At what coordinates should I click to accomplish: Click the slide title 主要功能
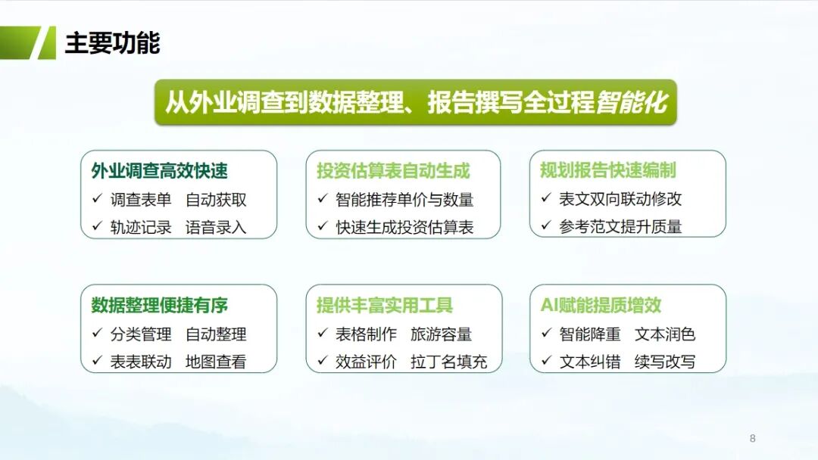tap(112, 42)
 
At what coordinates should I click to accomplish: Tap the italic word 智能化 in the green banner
tap(632, 102)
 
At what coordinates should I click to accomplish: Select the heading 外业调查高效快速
tap(160, 171)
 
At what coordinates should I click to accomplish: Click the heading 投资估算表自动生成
tap(393, 171)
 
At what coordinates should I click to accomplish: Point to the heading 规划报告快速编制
tap(608, 169)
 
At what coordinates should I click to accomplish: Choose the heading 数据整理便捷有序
tap(160, 305)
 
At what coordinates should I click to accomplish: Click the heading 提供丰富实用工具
tap(385, 305)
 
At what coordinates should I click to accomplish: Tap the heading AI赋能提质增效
tap(601, 305)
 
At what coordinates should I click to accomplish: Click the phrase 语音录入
tap(215, 228)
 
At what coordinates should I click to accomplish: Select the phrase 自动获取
tap(215, 200)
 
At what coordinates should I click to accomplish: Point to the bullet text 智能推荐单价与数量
tap(404, 200)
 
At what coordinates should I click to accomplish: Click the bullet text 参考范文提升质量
tap(620, 227)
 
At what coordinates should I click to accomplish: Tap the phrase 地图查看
tap(215, 362)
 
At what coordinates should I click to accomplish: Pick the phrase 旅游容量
tap(441, 334)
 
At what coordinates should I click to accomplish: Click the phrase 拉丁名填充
tap(448, 362)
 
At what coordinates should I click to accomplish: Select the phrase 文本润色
tap(665, 334)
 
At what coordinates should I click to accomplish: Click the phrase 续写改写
tap(665, 362)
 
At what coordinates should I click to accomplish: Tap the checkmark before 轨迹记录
tap(97, 226)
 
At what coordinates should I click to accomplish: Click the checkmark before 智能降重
tap(546, 332)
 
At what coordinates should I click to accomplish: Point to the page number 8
tap(752, 438)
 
